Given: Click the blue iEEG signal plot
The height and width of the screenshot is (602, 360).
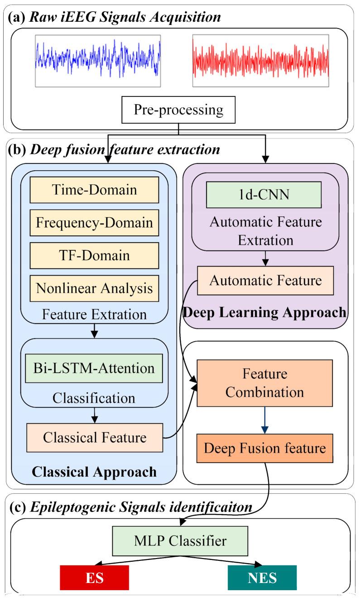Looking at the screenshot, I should [x=98, y=61].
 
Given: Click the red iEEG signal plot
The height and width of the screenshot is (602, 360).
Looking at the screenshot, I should [x=260, y=61].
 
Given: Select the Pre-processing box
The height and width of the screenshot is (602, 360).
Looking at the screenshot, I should [x=179, y=110].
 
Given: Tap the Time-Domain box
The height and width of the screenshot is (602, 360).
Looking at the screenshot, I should [x=94, y=190].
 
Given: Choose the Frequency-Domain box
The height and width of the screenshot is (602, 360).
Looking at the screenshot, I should [x=94, y=223].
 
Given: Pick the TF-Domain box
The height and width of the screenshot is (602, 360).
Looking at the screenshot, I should [x=94, y=255].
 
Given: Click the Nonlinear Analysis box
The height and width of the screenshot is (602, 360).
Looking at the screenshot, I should [x=94, y=288].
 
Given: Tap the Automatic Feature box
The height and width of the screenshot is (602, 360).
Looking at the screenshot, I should [x=265, y=281].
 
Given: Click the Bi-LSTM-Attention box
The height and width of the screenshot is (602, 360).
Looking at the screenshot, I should [x=94, y=368].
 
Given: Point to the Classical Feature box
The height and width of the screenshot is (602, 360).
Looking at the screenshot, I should [x=94, y=437].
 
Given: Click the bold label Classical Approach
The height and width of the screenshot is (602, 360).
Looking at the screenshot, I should [x=94, y=472].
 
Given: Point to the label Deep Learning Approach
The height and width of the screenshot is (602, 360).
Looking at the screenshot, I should [x=265, y=312].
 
